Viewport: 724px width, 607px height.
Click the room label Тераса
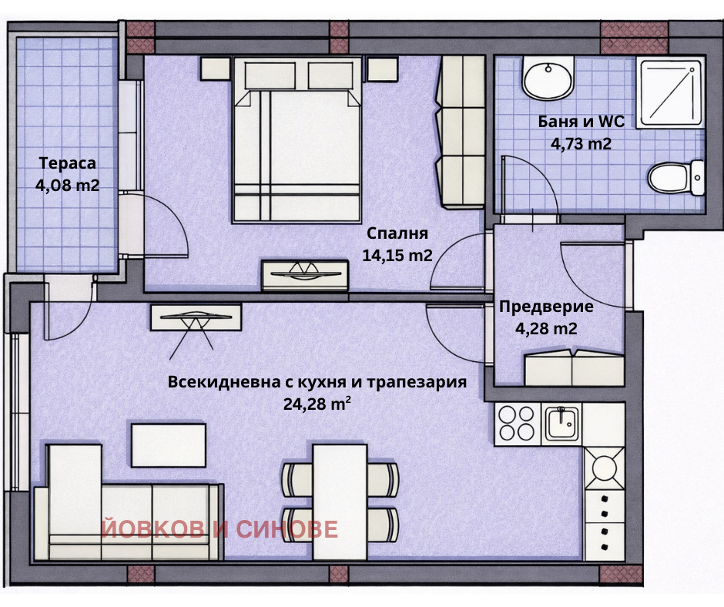tap(67, 163)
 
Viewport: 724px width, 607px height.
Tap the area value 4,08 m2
tap(67, 185)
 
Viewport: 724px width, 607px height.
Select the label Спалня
tap(397, 233)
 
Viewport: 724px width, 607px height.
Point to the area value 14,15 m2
tap(397, 255)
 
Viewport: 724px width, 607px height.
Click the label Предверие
tap(546, 307)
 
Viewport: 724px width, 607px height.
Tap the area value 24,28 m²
tap(317, 402)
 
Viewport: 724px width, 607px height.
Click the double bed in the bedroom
tap(297, 143)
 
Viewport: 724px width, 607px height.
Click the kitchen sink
tap(562, 423)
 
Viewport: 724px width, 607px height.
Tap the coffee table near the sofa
tap(168, 445)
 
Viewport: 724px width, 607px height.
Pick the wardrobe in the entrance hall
tap(573, 367)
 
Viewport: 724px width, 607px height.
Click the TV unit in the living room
tap(196, 317)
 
